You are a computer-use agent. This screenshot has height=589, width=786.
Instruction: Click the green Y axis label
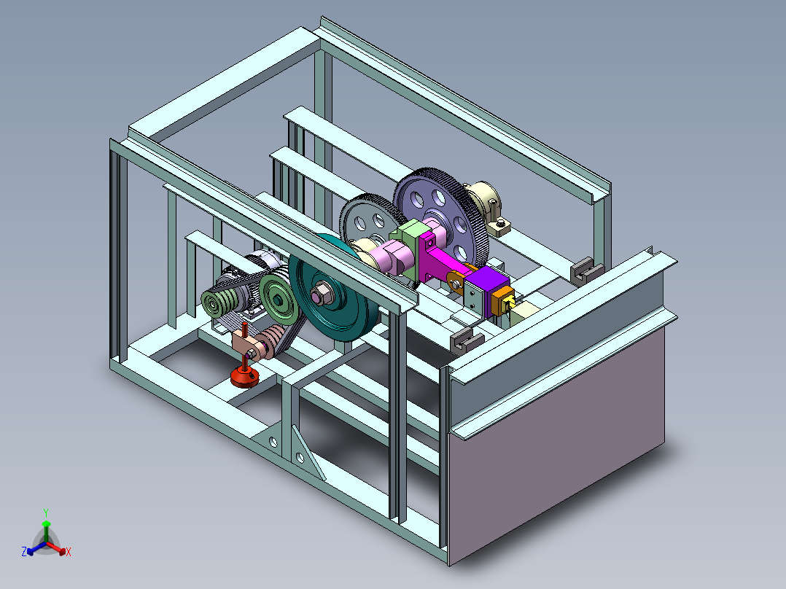pos(46,512)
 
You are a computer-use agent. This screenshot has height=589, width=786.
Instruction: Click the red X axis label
pos(69,552)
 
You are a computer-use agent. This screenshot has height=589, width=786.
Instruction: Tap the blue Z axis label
pos(24,551)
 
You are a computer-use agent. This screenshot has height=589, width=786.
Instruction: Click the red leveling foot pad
pos(245,376)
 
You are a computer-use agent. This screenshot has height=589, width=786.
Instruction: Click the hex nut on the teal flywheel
pos(322,294)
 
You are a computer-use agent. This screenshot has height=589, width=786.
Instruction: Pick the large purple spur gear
pos(442,217)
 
